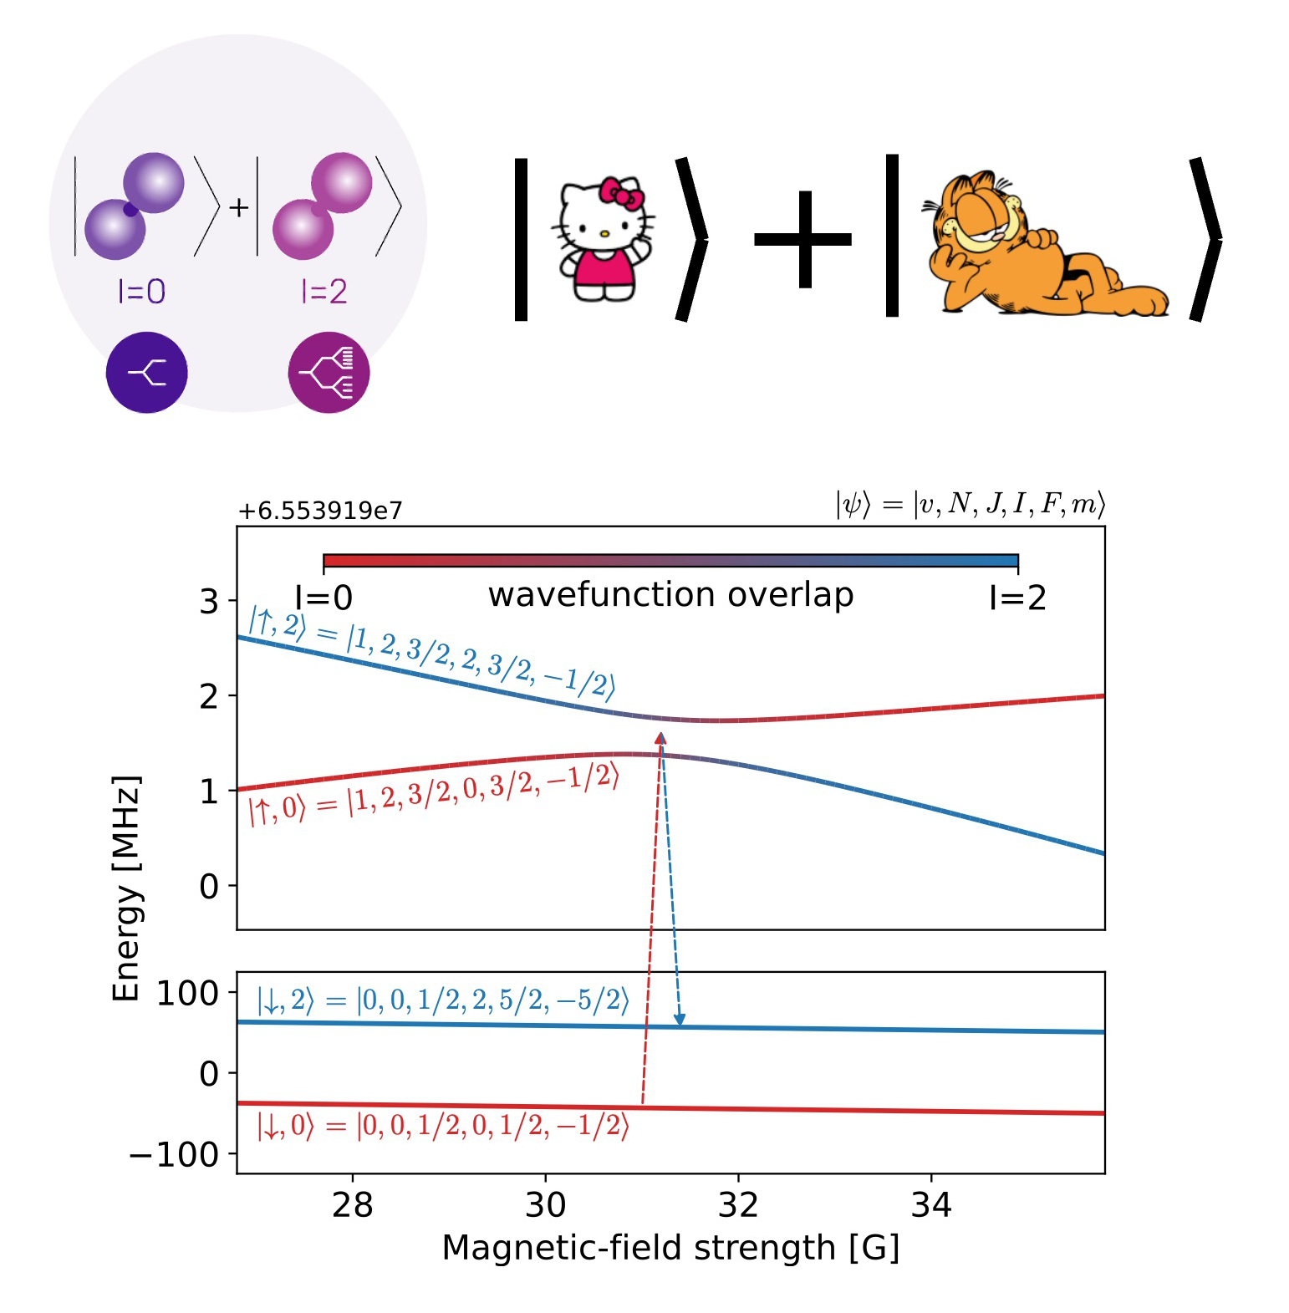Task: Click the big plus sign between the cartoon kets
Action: [803, 240]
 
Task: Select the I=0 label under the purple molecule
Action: [141, 292]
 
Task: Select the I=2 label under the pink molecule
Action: [324, 292]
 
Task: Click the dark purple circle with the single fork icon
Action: [147, 373]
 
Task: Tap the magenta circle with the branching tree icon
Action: [329, 373]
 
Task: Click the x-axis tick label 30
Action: [545, 1205]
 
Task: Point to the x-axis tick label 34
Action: [931, 1205]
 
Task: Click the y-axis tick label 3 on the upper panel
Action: [209, 602]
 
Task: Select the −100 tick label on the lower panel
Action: [174, 1155]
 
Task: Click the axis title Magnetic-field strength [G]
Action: [670, 1248]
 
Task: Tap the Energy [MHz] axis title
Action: [126, 888]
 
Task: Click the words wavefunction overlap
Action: [670, 595]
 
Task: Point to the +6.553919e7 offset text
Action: [320, 511]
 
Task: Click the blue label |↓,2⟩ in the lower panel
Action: [285, 1000]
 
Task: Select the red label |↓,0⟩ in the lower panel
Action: [285, 1127]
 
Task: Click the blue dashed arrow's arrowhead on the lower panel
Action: [680, 1020]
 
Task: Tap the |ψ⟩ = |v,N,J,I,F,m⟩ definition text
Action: [970, 504]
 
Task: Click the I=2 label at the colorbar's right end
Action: [1016, 598]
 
